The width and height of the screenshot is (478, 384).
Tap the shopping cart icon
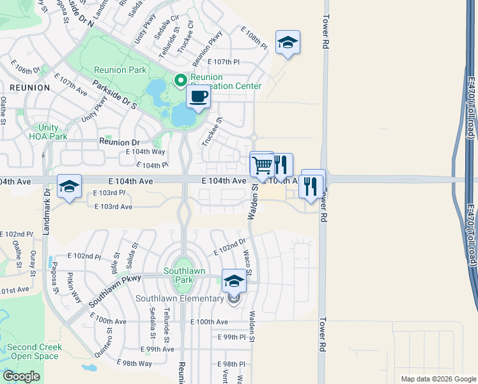pyautogui.click(x=262, y=166)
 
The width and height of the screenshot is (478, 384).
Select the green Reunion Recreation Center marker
pyautogui.click(x=181, y=81)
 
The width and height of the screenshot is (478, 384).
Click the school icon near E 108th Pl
pyautogui.click(x=288, y=44)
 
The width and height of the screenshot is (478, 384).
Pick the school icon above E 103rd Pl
pyautogui.click(x=69, y=187)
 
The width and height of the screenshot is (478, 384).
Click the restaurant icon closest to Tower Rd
pyautogui.click(x=312, y=186)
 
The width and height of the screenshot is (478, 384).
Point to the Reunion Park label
pyautogui.click(x=119, y=70)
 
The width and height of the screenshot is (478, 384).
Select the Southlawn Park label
pyautogui.click(x=184, y=275)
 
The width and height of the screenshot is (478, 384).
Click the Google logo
pyautogui.click(x=21, y=376)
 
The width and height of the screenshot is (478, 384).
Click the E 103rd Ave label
pyautogui.click(x=113, y=207)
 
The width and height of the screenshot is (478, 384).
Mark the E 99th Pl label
pyautogui.click(x=231, y=337)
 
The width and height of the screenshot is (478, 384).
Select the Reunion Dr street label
pyautogui.click(x=118, y=142)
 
